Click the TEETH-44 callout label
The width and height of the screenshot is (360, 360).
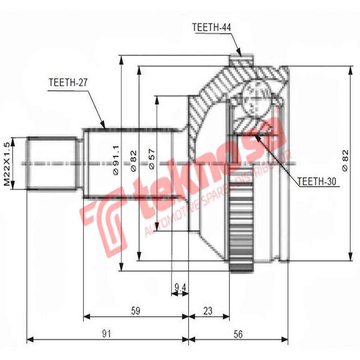coord(211,27)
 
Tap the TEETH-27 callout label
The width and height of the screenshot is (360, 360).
coord(67,83)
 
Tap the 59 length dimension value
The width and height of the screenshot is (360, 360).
coord(135,310)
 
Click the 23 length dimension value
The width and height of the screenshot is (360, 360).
coord(208,310)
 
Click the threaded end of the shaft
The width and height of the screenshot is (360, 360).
coord(51,163)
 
